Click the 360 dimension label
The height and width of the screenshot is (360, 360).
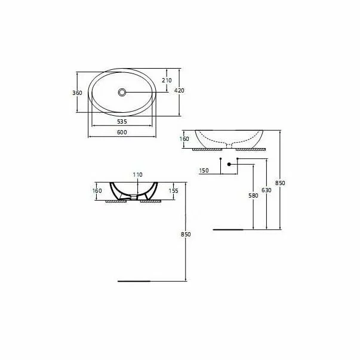pos(77,93)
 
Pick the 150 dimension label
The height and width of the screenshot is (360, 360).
pos(203,171)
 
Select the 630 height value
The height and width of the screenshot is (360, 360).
pos(266,190)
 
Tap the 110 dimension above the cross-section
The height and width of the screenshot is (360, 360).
pos(138,174)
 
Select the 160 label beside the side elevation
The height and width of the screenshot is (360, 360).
pos(184,139)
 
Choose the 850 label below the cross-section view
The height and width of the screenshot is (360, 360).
pos(186,235)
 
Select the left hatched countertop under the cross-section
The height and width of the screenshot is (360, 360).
pos(116,202)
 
